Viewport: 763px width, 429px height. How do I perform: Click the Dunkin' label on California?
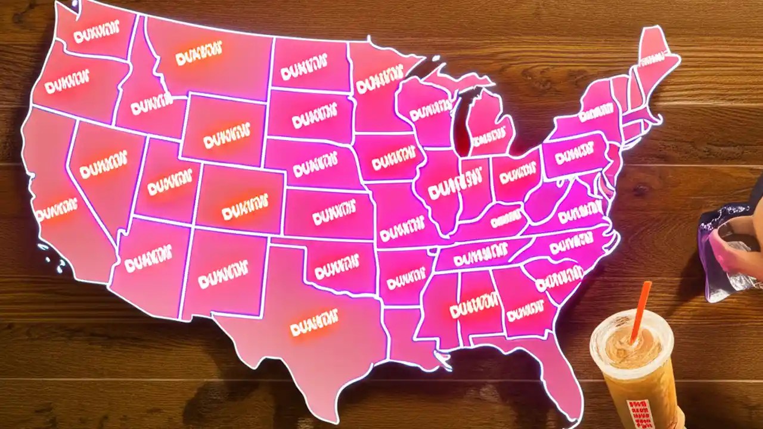pos(56,209)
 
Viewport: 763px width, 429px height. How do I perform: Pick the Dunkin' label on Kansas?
pos(334,214)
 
